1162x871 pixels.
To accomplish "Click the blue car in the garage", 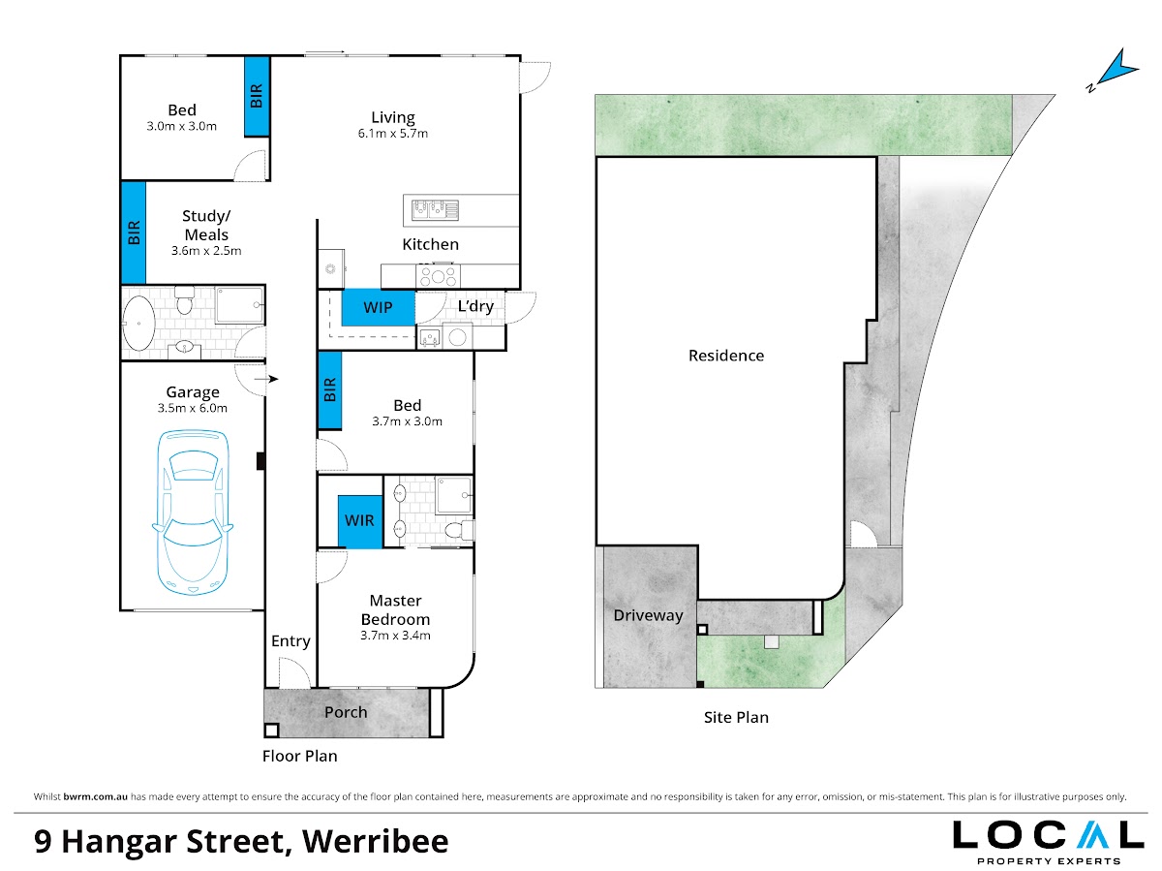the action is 192,512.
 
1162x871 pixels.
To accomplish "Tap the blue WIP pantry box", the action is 378,307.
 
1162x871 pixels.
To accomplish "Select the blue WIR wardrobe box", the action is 360,521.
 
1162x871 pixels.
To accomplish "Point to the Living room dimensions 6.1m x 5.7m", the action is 393,134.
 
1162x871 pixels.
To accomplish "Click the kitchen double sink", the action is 435,210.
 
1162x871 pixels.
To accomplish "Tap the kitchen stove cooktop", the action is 438,276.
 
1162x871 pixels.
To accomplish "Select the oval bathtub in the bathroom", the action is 138,323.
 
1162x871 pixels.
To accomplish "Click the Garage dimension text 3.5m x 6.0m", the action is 192,408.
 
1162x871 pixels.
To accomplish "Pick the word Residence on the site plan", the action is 726,356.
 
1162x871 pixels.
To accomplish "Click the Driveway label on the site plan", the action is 648,615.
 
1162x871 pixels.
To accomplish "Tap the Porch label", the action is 346,712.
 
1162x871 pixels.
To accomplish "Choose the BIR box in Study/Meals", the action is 134,233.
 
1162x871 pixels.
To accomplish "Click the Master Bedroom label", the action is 395,610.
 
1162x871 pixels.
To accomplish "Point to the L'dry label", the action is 475,306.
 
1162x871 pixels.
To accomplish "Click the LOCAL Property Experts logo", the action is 1048,842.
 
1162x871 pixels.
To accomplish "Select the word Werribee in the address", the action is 376,841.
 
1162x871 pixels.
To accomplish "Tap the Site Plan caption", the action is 736,718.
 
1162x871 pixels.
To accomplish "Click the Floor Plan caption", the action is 299,756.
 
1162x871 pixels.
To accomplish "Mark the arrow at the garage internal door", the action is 266,379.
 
